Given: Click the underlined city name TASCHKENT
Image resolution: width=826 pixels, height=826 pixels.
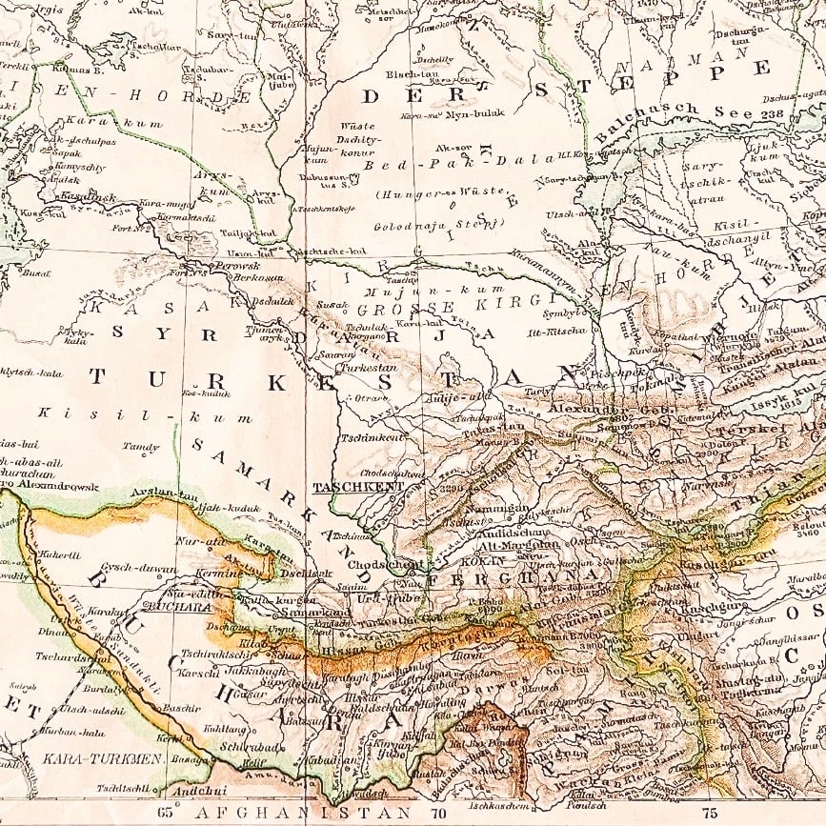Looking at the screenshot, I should [x=358, y=486].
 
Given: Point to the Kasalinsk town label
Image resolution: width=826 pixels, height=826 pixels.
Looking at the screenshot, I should [x=87, y=197].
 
